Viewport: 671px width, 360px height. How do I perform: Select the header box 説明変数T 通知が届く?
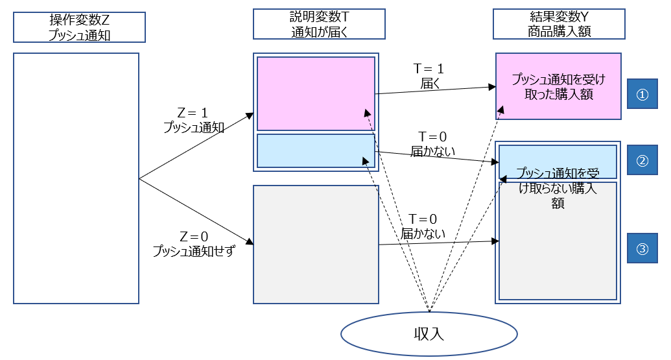click(x=319, y=24)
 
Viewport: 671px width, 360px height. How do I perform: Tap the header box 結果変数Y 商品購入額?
click(x=559, y=24)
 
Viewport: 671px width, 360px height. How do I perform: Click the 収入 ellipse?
click(x=429, y=333)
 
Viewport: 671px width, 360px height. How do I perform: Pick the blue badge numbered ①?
click(x=642, y=94)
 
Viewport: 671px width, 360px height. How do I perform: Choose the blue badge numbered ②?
click(x=642, y=161)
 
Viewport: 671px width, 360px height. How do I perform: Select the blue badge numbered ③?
click(x=642, y=249)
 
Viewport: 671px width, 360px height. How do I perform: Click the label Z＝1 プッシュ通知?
click(x=194, y=120)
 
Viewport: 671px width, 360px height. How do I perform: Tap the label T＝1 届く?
click(x=429, y=75)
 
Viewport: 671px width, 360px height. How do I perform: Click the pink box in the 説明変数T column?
click(x=316, y=93)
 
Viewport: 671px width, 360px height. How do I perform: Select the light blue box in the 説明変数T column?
click(x=316, y=150)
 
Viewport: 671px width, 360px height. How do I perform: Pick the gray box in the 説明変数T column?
click(x=316, y=245)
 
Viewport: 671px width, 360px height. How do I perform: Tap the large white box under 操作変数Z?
click(x=77, y=178)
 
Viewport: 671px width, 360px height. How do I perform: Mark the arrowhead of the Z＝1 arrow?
click(x=250, y=115)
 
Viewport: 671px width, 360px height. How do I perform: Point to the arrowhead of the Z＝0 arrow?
click(x=250, y=244)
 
